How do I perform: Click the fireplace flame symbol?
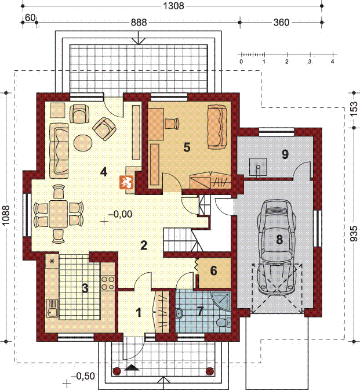click(x=127, y=182)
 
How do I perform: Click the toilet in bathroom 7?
click(x=223, y=323)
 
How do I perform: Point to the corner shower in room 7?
click(x=222, y=299)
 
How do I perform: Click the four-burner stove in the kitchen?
click(x=108, y=283)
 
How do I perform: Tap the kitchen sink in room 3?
click(x=52, y=308)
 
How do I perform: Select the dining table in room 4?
click(x=59, y=214)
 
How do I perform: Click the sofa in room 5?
click(x=217, y=127)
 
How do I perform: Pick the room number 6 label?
click(x=213, y=270)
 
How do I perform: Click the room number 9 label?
click(x=285, y=154)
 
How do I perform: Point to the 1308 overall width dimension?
click(x=174, y=6)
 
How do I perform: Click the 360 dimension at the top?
click(x=281, y=23)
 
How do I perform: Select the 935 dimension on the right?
click(x=355, y=233)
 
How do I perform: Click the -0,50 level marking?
click(x=83, y=376)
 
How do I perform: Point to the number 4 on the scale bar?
click(x=332, y=62)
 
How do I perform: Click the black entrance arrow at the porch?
click(x=132, y=367)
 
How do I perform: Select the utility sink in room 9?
click(x=258, y=167)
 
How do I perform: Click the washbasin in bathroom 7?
click(x=179, y=314)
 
